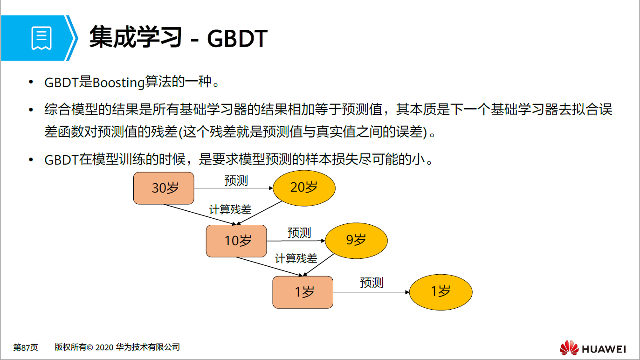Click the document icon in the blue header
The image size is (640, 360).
click(41, 38)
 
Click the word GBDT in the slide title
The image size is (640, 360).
click(237, 39)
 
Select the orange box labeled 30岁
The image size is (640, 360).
click(164, 188)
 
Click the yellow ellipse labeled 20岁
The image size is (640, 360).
click(304, 187)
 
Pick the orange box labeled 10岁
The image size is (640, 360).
click(236, 241)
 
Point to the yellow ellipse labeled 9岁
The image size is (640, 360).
click(356, 240)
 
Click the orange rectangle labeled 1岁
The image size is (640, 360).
click(303, 292)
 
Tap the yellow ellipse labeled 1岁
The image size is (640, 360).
click(440, 292)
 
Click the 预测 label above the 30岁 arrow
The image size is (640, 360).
click(236, 181)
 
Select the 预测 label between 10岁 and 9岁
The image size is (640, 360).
click(299, 233)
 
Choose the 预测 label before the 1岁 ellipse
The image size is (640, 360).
click(372, 283)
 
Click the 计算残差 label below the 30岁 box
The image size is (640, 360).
click(230, 209)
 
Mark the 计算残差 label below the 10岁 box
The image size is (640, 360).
click(296, 258)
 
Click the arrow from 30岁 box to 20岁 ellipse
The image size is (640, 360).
click(233, 188)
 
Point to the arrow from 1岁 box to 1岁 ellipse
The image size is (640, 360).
click(371, 292)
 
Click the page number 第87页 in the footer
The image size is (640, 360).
click(26, 347)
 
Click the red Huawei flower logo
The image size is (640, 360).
click(569, 348)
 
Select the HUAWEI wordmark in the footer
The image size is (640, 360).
click(604, 349)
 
